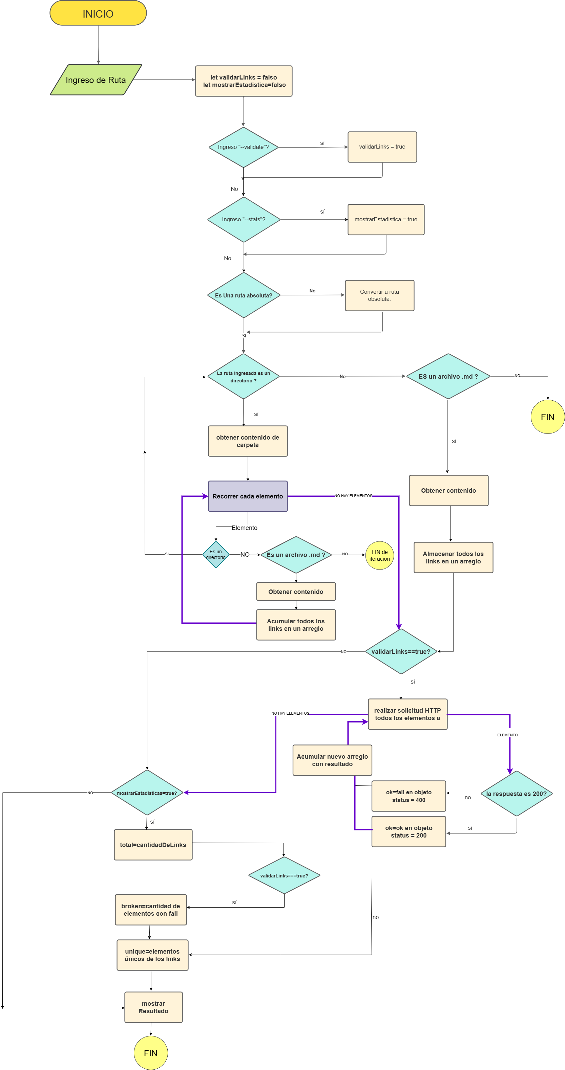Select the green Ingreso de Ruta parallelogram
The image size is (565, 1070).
pos(96,80)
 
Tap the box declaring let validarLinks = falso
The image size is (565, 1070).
pos(244,81)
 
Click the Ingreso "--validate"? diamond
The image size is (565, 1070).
pos(243,147)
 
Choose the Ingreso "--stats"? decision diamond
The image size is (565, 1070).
pos(244,219)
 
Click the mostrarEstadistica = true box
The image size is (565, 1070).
pos(385,219)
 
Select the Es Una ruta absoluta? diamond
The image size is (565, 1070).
pos(244,295)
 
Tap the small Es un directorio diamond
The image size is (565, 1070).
pos(215,555)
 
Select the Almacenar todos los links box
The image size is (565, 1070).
pos(453,557)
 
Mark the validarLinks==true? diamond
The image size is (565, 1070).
pos(400,651)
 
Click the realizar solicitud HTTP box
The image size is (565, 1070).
pos(407,714)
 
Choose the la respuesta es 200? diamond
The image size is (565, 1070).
pos(516,793)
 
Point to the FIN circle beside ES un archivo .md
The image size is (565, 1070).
pos(547,417)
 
